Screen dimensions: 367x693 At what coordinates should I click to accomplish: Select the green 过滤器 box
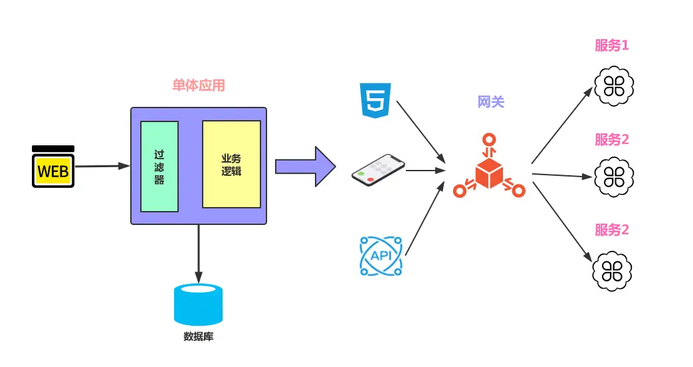[x=159, y=167]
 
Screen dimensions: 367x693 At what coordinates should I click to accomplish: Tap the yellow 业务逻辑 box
[x=231, y=164]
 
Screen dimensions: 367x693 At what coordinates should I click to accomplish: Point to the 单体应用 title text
[x=199, y=86]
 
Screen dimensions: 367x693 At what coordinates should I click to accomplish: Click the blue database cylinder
[x=198, y=305]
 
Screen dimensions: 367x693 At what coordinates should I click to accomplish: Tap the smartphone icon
[x=378, y=171]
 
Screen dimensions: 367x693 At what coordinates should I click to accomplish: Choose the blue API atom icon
[x=380, y=256]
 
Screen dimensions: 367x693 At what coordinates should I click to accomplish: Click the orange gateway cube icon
[x=490, y=169]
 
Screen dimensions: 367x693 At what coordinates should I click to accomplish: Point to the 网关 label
[x=491, y=102]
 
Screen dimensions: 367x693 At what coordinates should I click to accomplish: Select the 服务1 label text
[x=611, y=46]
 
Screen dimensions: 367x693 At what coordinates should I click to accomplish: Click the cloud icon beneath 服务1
[x=612, y=86]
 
